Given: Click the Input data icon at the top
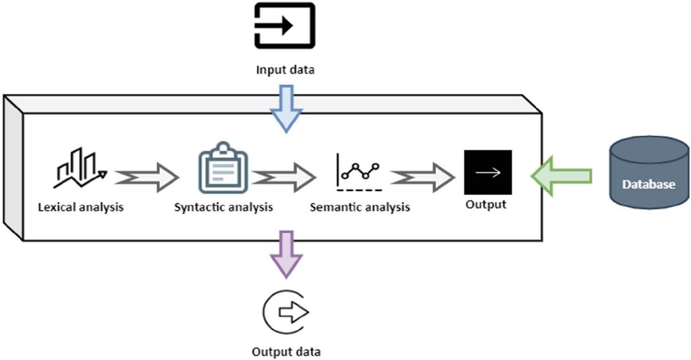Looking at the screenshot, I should [284, 26].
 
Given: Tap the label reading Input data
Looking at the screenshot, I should [284, 71].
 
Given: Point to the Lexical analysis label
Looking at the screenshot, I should [81, 207].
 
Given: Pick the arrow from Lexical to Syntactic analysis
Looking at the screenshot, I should [146, 177].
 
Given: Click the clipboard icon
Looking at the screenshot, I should [223, 169].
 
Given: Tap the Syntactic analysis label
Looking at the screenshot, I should [223, 207].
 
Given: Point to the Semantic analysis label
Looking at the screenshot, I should [359, 207].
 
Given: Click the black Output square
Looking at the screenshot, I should [488, 172].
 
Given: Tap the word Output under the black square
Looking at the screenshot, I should [485, 204].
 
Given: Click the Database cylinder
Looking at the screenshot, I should [648, 171].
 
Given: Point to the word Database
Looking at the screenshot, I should [648, 185].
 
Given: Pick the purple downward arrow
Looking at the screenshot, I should [285, 253].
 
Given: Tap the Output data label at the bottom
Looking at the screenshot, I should [287, 351].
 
